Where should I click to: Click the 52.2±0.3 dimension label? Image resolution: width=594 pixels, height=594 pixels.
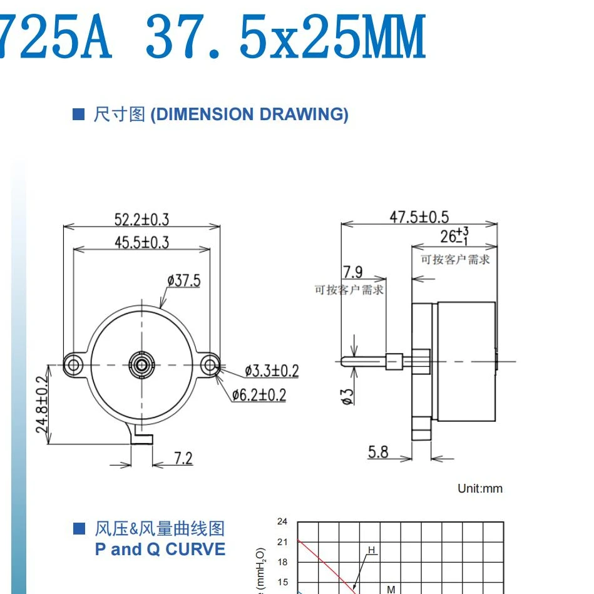click(x=141, y=219)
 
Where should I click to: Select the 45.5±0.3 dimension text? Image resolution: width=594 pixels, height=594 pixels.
click(x=141, y=242)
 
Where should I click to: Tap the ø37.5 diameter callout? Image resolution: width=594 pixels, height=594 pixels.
click(x=184, y=280)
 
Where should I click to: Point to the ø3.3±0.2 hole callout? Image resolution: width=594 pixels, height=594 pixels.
click(x=272, y=371)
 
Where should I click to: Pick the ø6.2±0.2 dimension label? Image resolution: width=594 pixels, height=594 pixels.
click(x=259, y=395)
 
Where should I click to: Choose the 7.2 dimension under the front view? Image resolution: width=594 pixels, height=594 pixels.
click(x=183, y=458)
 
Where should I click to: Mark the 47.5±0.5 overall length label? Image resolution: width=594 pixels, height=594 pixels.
click(x=419, y=217)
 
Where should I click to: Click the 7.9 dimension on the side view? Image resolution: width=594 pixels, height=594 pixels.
click(x=352, y=272)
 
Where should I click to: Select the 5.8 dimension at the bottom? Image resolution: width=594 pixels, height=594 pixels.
click(x=378, y=451)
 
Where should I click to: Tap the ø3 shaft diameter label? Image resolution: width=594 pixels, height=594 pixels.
click(x=348, y=396)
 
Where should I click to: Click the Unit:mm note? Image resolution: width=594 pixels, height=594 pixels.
click(x=480, y=488)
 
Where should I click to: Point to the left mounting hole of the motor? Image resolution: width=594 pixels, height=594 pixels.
click(x=74, y=363)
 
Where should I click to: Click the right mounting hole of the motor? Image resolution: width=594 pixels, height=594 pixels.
click(x=209, y=363)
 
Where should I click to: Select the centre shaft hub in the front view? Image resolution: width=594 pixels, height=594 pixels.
click(x=141, y=363)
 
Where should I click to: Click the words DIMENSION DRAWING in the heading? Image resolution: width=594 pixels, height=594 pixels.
click(x=249, y=115)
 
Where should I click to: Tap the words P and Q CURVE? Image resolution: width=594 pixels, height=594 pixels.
click(x=160, y=550)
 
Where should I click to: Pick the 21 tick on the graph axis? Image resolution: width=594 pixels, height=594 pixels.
click(x=282, y=541)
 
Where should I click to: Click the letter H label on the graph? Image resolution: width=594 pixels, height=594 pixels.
click(x=371, y=550)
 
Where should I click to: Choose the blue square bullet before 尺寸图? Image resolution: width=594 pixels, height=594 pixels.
click(x=79, y=115)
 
